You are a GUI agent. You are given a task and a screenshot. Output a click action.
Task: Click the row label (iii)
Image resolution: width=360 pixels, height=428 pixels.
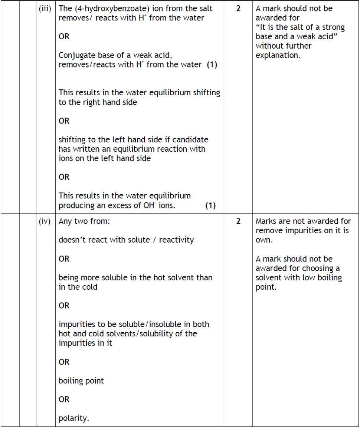coord(45,9)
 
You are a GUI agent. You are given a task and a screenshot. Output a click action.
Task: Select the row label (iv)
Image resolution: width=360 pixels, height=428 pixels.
coord(45,221)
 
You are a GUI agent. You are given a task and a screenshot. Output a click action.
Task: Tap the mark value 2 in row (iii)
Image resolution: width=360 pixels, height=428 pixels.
coord(238,9)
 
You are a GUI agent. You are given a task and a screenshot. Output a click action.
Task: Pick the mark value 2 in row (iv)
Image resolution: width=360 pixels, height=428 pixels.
coord(238,221)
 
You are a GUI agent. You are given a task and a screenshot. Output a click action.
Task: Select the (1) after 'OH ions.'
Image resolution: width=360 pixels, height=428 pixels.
coord(210,205)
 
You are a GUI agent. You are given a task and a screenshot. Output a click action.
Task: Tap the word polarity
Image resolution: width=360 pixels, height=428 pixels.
coord(74,419)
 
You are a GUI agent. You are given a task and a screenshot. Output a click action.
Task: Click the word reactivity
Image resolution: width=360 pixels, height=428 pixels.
coord(177,240)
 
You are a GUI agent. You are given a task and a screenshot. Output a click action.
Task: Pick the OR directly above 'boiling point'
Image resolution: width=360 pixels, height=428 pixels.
coord(64,362)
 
